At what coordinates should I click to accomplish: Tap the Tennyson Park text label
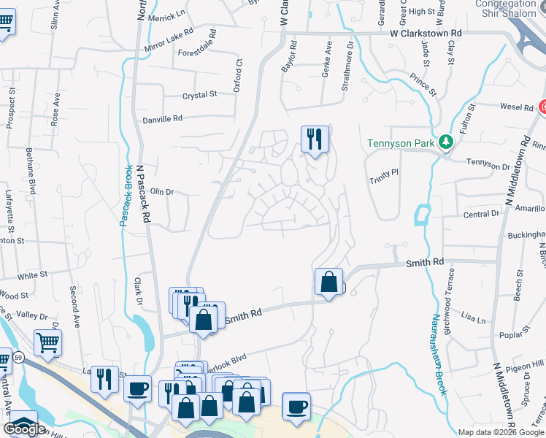click(x=402, y=142)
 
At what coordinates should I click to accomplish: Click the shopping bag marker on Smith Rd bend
click(x=329, y=281)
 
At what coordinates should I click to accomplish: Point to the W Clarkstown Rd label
click(x=426, y=34)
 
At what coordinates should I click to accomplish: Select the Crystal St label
click(x=200, y=95)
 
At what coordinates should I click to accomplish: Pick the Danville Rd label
click(x=162, y=119)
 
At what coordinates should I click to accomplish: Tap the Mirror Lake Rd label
click(x=169, y=39)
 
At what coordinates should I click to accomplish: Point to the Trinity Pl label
click(x=383, y=172)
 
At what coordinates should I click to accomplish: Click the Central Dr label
click(x=481, y=215)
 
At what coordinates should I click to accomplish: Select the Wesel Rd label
click(x=516, y=107)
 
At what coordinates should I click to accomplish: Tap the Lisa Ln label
click(x=473, y=319)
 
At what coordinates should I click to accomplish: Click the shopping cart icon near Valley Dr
click(x=47, y=342)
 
